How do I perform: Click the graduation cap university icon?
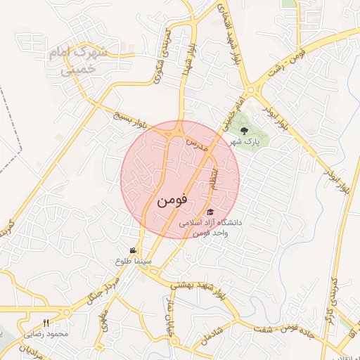click(210, 212)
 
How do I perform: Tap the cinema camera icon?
click(133, 250)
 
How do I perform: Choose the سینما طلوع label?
click(132, 261)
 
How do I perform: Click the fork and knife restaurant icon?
click(46, 323)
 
